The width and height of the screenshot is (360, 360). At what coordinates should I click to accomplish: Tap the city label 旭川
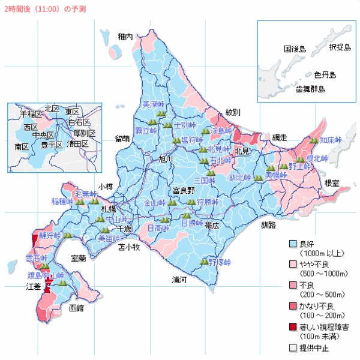166,159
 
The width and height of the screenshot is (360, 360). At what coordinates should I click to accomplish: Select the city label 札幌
108,209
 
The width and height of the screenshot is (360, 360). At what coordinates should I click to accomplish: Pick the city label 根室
332,182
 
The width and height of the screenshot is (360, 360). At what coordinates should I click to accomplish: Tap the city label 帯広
212,225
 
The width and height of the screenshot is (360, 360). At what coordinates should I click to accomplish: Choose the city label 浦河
179,280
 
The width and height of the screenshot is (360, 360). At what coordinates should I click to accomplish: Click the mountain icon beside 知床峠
313,140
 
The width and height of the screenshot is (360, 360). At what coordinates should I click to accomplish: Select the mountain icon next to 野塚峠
204,262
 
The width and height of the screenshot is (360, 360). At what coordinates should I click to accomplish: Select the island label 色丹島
325,75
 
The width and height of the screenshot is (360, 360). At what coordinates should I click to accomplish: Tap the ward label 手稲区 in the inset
31,114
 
